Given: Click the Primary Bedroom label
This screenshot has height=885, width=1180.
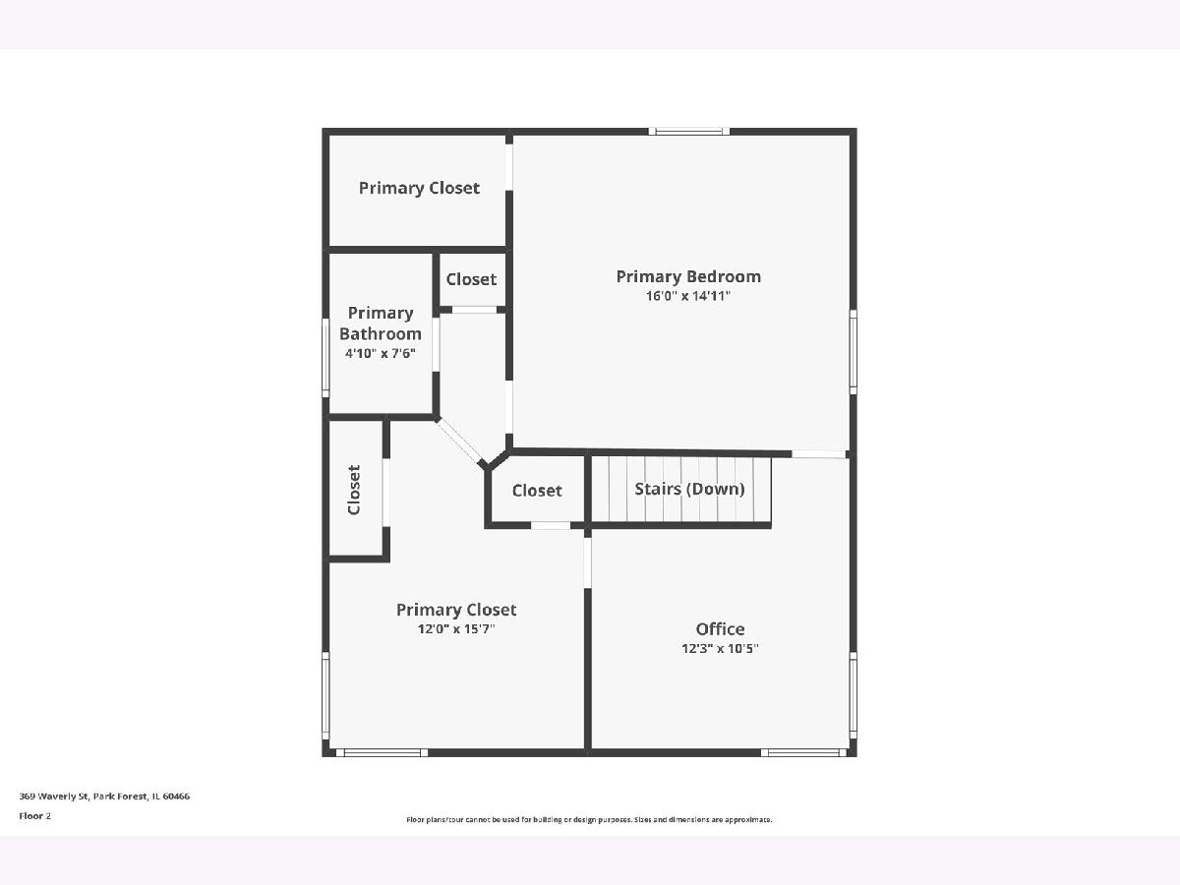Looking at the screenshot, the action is (688, 276).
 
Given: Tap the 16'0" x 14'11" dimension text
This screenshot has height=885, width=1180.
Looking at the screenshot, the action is (688, 296).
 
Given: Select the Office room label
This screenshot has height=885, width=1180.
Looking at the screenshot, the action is (720, 628).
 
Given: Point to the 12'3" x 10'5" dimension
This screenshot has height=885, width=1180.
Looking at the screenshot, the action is (720, 649).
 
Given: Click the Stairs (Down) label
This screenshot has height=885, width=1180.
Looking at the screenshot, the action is (689, 489).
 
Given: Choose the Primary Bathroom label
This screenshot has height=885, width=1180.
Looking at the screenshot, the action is (381, 323).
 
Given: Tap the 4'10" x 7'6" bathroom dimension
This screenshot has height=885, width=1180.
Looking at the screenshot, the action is (381, 354).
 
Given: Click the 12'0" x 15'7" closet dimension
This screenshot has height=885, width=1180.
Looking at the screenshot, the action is (456, 628).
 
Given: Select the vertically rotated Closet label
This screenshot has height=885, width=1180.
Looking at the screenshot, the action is (354, 490).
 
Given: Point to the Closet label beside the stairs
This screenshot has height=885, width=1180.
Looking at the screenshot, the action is (537, 490).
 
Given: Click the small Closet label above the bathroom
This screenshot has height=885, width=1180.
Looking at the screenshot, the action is (471, 279).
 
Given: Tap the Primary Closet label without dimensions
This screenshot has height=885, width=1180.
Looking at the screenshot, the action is (419, 188).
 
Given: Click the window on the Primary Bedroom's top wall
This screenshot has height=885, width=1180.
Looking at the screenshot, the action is (688, 131).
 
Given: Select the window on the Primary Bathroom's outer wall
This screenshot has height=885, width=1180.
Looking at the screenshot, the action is (325, 358).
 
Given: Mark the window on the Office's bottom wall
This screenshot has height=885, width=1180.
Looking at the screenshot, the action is (804, 753).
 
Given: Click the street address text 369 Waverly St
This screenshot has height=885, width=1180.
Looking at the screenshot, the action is (53, 796).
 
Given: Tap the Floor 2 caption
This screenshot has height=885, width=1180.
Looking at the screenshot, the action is (35, 816).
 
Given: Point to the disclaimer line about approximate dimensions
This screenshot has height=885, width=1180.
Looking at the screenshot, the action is (589, 819).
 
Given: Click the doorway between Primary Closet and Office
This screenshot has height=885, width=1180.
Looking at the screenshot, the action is (588, 562).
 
